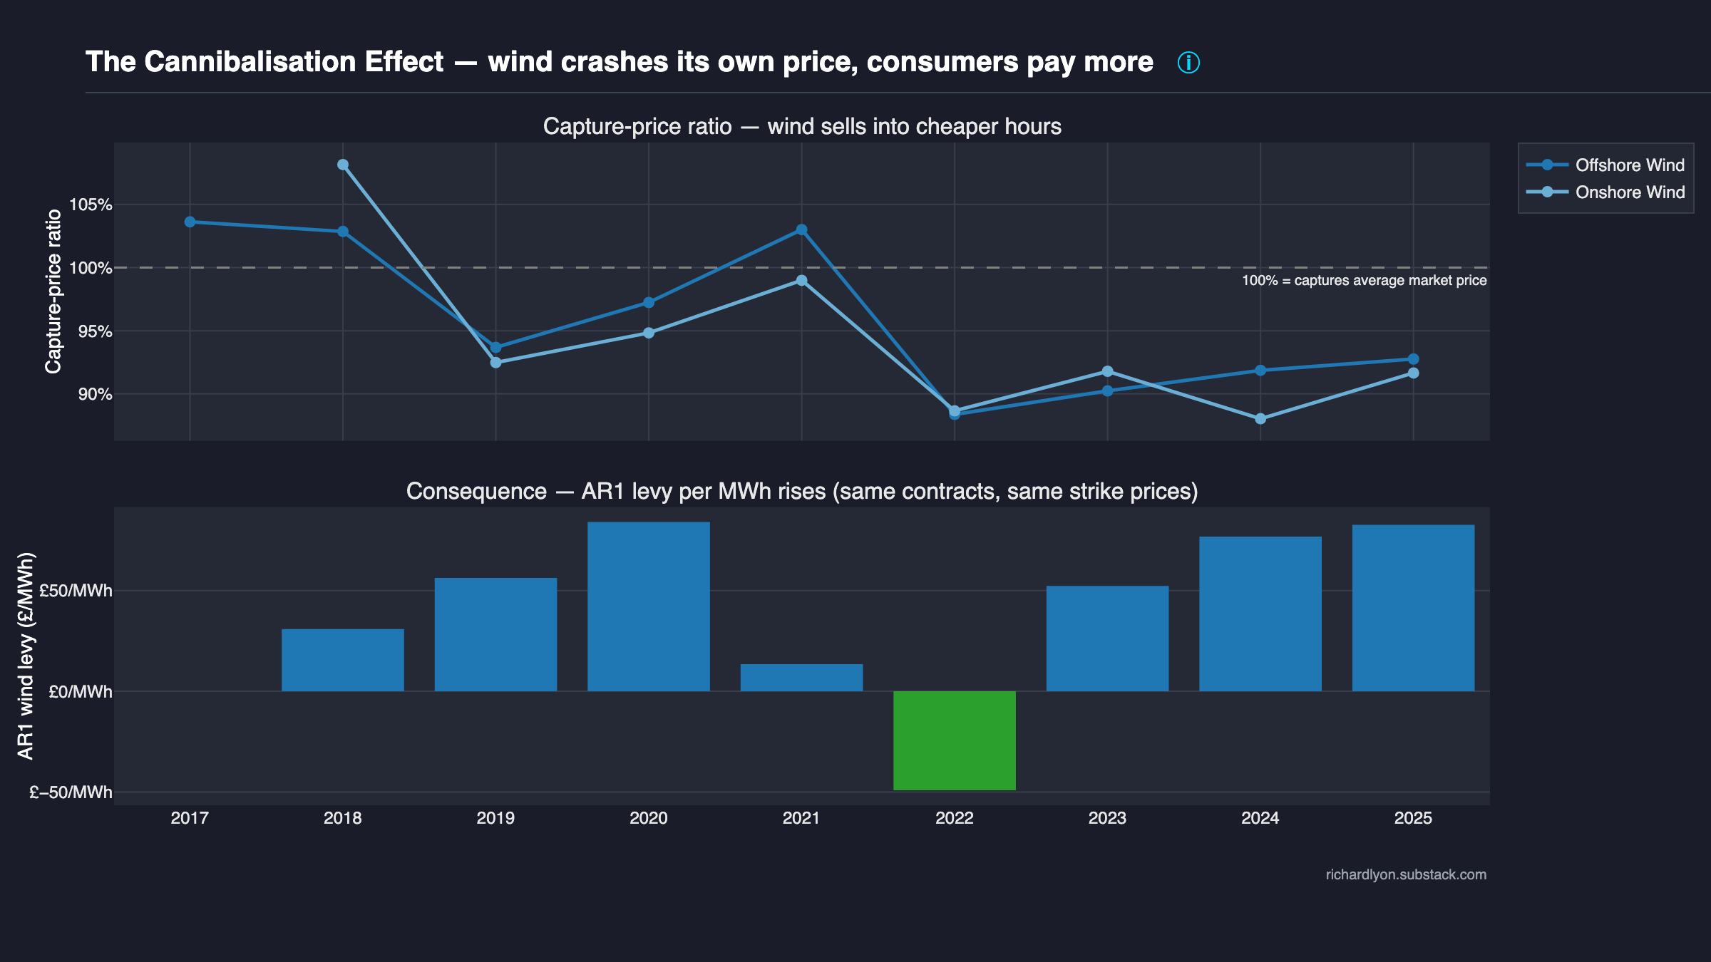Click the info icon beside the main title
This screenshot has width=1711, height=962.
tap(1188, 63)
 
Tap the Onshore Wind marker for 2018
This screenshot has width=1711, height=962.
tap(343, 165)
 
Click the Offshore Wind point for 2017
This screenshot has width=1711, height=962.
tap(190, 222)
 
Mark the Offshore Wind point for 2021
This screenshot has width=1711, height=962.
tap(801, 229)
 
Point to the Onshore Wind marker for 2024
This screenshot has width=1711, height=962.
tap(1260, 418)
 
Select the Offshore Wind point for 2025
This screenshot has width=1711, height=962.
tap(1413, 359)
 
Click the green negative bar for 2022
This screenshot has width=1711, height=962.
tap(954, 740)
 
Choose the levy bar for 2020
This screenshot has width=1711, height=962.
tap(648, 606)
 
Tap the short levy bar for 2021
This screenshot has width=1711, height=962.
tap(801, 678)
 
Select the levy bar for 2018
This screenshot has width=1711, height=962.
tap(343, 660)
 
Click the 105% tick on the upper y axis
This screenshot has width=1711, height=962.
tap(91, 205)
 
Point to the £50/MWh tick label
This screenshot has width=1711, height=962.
tap(76, 591)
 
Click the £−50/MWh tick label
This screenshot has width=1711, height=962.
tap(71, 792)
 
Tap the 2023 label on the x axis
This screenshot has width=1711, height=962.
tap(1107, 818)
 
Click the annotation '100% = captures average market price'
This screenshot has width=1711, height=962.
tap(1364, 281)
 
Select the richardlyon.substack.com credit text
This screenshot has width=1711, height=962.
tap(1406, 874)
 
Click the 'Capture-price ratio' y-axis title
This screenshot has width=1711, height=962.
tap(53, 291)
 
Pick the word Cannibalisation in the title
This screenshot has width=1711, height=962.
tap(294, 63)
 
